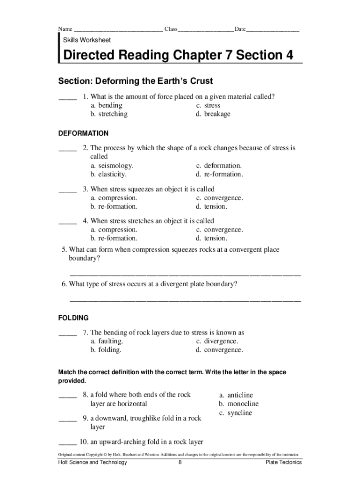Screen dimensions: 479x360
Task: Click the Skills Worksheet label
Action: click(87, 40)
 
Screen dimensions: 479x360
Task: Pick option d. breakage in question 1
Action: click(213, 114)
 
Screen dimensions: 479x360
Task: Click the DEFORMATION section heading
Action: click(83, 133)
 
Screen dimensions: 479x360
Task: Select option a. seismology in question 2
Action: click(112, 166)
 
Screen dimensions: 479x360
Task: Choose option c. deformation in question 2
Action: click(219, 166)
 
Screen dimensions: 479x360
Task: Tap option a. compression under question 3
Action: click(114, 198)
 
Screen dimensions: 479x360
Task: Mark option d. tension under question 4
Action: click(212, 239)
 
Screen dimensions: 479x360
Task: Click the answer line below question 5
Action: click(185, 274)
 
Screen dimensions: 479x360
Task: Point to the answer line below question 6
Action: click(185, 300)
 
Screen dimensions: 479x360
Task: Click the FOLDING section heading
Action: click(73, 318)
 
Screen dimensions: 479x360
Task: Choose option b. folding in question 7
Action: click(106, 350)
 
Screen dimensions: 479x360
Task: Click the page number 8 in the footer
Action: click(180, 463)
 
